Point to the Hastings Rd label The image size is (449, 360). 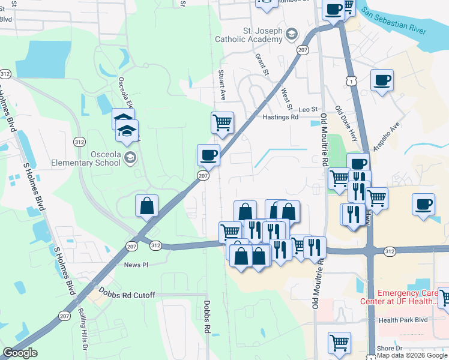click(280, 118)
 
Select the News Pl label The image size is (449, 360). click(136, 265)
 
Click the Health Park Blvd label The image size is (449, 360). click(403, 320)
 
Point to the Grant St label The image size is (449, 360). click(261, 65)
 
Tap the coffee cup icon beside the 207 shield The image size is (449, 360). click(208, 155)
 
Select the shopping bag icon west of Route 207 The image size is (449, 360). click(147, 206)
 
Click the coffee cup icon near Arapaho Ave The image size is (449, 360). click(382, 80)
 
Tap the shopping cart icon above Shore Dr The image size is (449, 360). click(339, 343)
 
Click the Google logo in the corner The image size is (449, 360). click(20, 353)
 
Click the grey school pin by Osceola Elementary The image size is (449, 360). click(130, 158)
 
